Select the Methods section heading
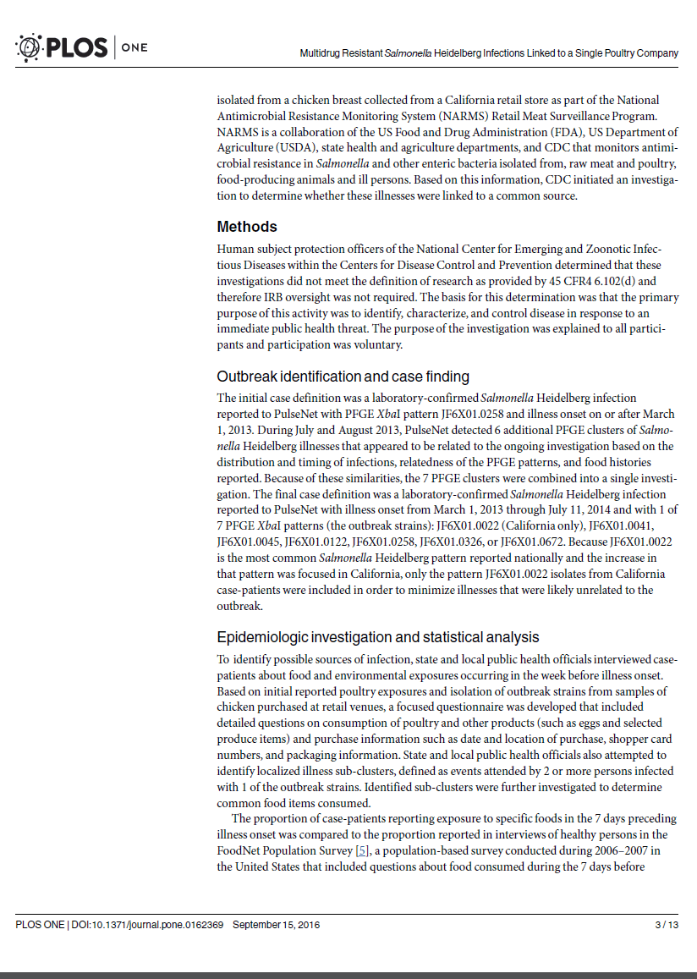tap(247, 227)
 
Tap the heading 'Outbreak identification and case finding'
tap(343, 377)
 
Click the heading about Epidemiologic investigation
tap(377, 637)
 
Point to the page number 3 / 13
tap(667, 925)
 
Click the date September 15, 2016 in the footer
tap(276, 925)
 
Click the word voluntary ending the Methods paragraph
tap(379, 345)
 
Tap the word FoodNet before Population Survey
tap(242, 850)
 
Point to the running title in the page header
tap(489, 53)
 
